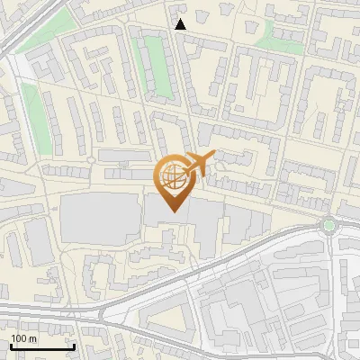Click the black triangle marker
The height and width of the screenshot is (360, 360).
coord(181,24)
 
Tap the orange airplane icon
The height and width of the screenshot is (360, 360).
coord(195,166)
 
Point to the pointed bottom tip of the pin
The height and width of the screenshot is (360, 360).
coord(172,211)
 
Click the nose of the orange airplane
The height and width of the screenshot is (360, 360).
coord(212,157)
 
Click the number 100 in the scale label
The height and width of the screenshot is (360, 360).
coord(19,338)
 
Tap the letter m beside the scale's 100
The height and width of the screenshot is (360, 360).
coord(32,338)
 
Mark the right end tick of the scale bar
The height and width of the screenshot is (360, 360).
coord(74,346)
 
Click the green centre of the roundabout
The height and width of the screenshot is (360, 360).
coord(329,225)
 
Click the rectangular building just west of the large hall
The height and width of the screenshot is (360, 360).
coord(39,241)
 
